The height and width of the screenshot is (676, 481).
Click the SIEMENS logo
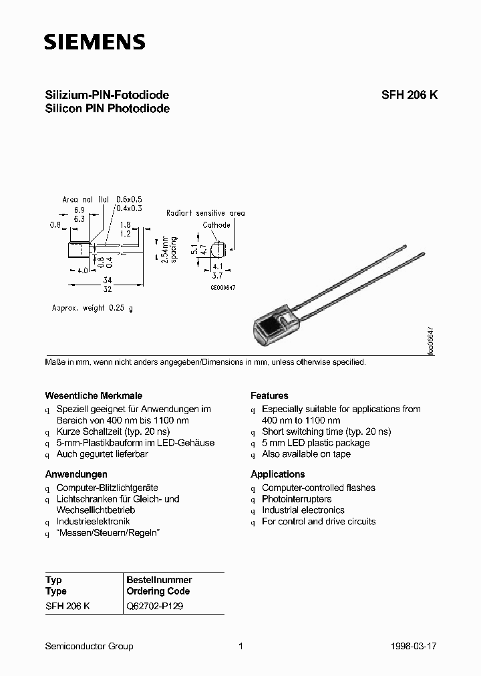tap(94, 43)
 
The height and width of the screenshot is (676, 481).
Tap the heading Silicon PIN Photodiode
tap(107, 108)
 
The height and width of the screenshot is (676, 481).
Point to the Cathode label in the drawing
tap(216, 225)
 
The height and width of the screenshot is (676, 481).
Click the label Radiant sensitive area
tap(206, 213)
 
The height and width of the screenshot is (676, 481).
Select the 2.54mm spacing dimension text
tap(170, 248)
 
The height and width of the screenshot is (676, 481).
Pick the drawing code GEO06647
tap(223, 287)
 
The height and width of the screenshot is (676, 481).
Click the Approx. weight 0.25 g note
tap(92, 308)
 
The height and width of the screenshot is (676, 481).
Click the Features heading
tap(269, 395)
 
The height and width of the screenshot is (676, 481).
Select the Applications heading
tap(278, 474)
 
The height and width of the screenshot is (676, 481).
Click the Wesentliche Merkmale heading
tap(94, 395)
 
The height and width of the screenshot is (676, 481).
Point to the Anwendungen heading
tap(76, 474)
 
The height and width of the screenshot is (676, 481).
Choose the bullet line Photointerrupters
tap(297, 499)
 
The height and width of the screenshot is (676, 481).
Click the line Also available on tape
tap(305, 454)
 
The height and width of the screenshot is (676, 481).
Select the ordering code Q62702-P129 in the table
tap(155, 606)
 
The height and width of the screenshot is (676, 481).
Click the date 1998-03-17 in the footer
tap(415, 646)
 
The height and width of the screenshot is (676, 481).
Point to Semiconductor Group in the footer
tap(89, 646)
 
